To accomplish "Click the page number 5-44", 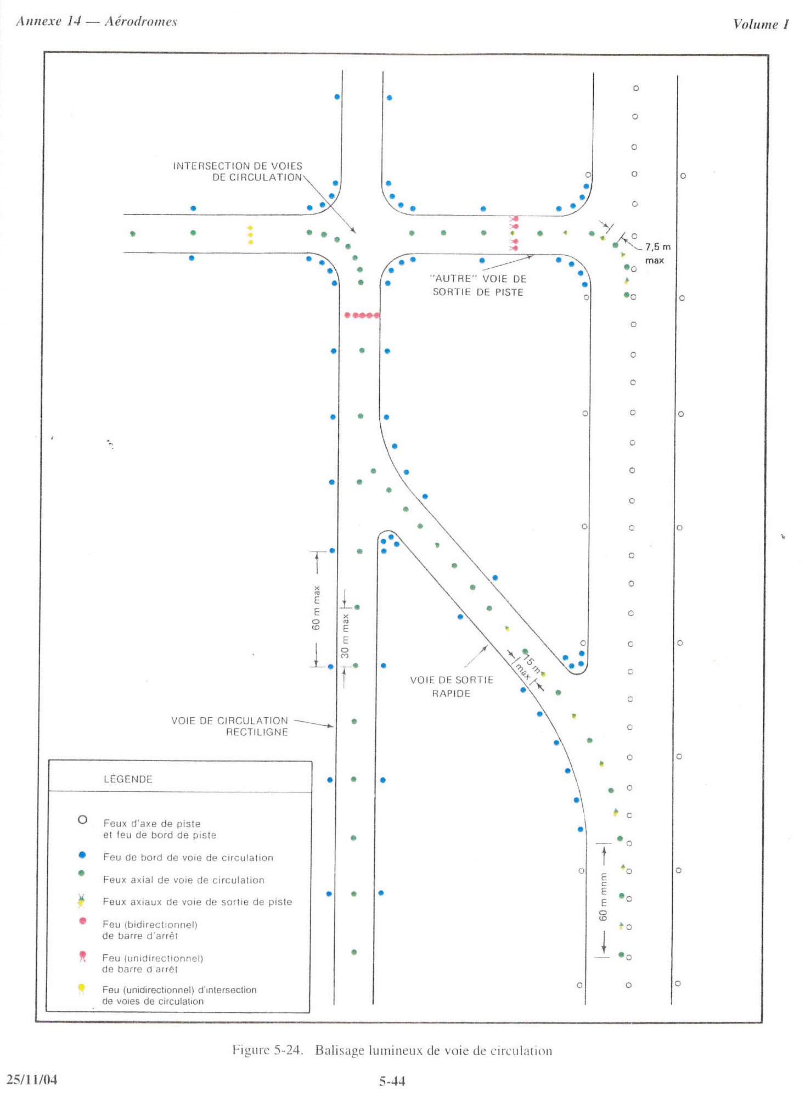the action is tap(392, 1081).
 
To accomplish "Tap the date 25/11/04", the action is tap(32, 1079).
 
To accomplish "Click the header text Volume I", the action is tap(761, 24).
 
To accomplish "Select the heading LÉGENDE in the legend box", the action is tap(128, 779).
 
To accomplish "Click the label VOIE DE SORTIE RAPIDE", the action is tap(452, 686).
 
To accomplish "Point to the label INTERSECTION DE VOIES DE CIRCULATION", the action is tap(238, 171).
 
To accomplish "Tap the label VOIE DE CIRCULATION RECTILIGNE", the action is tap(229, 726).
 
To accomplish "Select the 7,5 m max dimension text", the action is tap(657, 254).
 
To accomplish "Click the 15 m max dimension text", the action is tap(527, 666).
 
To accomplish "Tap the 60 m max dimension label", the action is tap(316, 607).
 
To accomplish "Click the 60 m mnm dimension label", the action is tap(603, 897).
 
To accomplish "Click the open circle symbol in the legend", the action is tap(82, 819).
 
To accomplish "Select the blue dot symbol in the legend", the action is tap(82, 855).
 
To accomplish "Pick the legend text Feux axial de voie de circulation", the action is tap(183, 880).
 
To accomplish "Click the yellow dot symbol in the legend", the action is tap(81, 988).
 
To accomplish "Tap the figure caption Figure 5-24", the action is tap(267, 1050).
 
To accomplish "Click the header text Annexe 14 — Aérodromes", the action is tap(97, 21).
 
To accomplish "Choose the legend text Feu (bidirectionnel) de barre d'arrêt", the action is tap(150, 930).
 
